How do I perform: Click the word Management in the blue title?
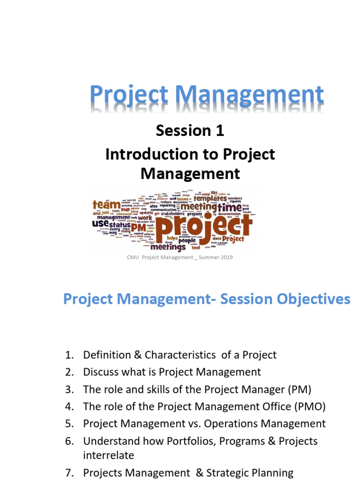click(x=253, y=95)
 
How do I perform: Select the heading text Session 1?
click(x=190, y=131)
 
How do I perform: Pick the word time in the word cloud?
click(x=229, y=207)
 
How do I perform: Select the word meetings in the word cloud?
click(x=168, y=247)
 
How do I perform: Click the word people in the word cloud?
click(x=187, y=240)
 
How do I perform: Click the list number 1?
click(x=69, y=355)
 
